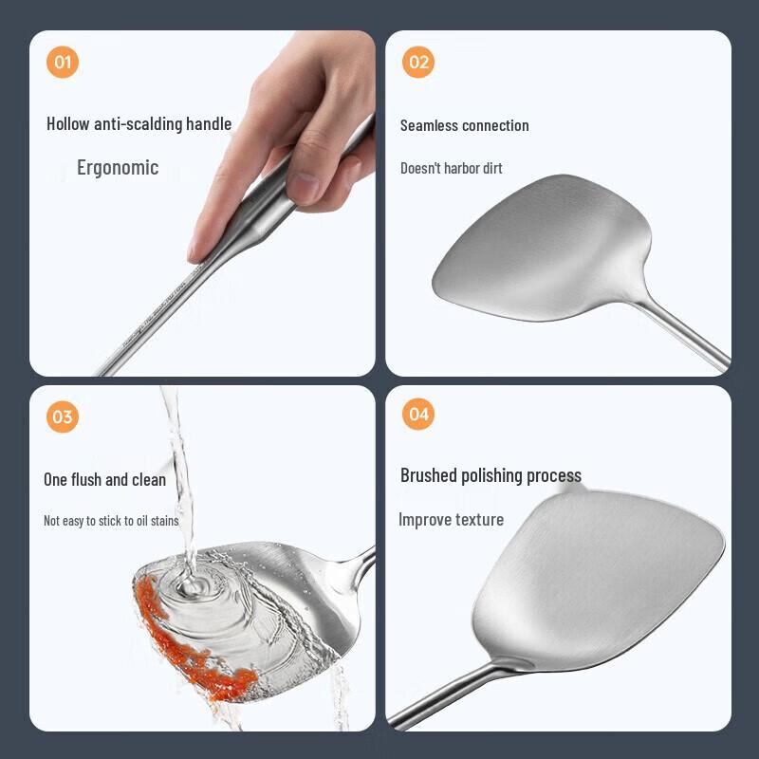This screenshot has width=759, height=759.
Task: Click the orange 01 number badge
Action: tap(63, 63)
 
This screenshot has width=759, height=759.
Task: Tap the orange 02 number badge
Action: tap(418, 63)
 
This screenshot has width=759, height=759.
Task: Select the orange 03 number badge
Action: tap(63, 417)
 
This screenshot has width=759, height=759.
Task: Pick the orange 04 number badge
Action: tap(418, 415)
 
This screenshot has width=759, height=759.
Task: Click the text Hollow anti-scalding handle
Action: tap(139, 123)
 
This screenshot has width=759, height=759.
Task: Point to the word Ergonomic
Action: tap(118, 168)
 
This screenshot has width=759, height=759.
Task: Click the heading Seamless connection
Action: tap(464, 125)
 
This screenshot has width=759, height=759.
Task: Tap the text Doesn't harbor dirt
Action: tap(451, 168)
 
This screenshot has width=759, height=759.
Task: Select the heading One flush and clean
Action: tap(104, 479)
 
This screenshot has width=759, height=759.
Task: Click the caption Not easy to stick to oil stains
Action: tap(111, 521)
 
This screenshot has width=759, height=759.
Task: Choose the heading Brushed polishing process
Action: tap(491, 475)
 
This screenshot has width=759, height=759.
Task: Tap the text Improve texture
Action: tap(451, 519)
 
